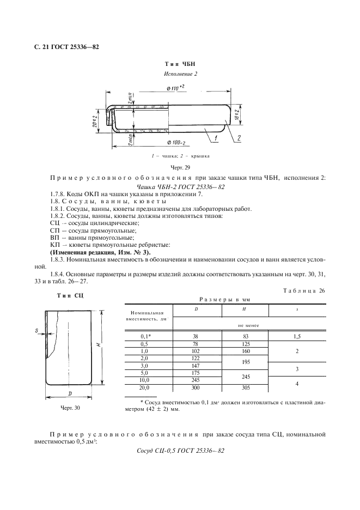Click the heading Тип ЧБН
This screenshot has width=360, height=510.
180,64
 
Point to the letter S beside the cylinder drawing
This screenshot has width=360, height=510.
35,330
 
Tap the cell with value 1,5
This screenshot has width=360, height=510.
297,337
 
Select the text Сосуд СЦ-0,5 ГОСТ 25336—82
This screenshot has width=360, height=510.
180,452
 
